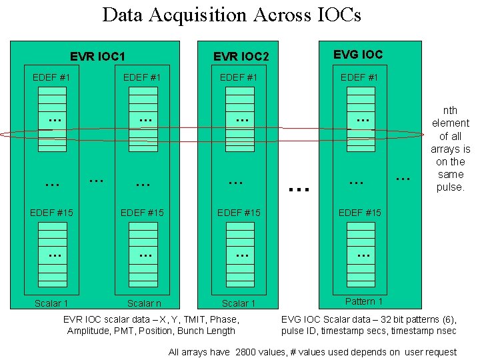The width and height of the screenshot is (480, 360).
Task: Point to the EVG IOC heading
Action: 359,54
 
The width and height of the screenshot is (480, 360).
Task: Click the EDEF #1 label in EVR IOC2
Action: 239,77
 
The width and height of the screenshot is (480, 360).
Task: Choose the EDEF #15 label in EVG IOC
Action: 359,213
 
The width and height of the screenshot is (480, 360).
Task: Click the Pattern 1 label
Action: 364,301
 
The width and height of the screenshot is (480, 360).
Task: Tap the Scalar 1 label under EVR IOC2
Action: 239,303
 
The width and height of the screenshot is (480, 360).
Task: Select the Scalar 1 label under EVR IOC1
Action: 51,303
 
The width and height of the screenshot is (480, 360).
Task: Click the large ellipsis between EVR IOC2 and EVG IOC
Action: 299,188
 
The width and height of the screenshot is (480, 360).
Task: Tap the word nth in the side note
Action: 451,111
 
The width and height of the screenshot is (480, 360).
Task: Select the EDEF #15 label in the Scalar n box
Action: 141,213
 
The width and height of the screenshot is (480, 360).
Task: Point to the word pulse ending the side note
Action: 450,187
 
